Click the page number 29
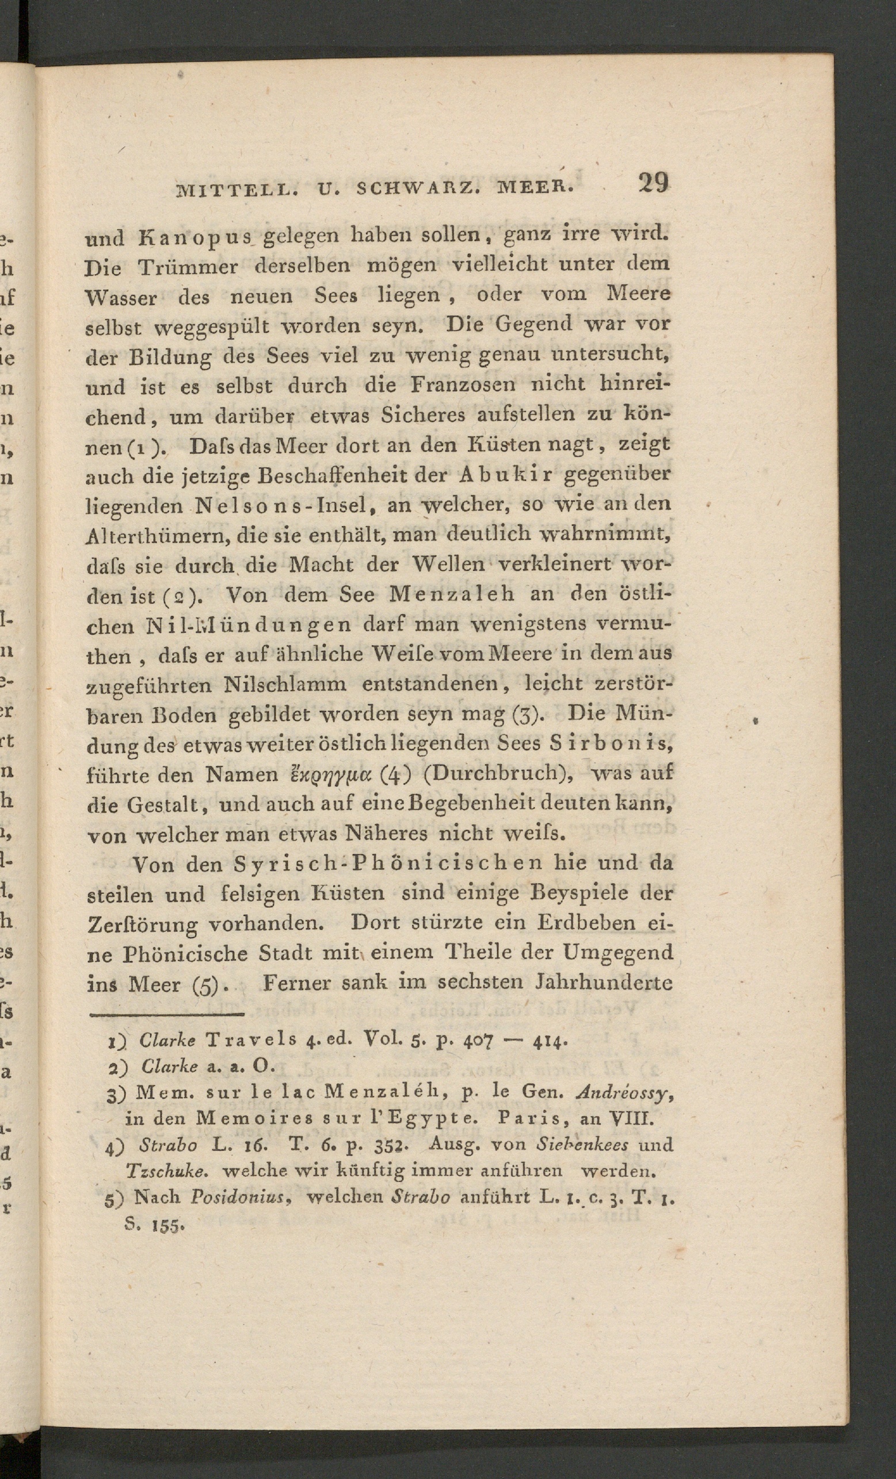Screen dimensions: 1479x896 point(653,182)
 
